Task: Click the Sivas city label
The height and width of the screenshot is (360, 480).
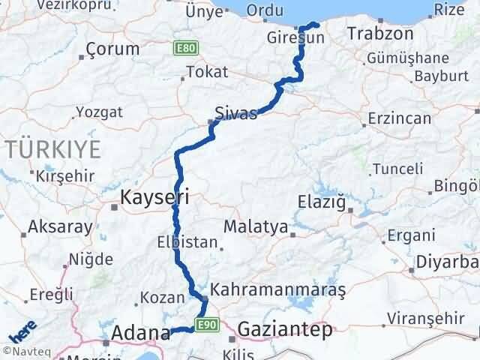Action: point(235,113)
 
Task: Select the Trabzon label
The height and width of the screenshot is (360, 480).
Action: point(381,34)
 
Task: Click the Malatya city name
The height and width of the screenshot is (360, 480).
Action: point(257,226)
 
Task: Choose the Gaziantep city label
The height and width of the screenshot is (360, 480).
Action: point(285,330)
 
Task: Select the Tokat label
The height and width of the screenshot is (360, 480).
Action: point(203,73)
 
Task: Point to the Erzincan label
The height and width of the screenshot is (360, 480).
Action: point(400,118)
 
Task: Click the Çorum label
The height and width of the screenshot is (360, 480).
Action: point(106,49)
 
